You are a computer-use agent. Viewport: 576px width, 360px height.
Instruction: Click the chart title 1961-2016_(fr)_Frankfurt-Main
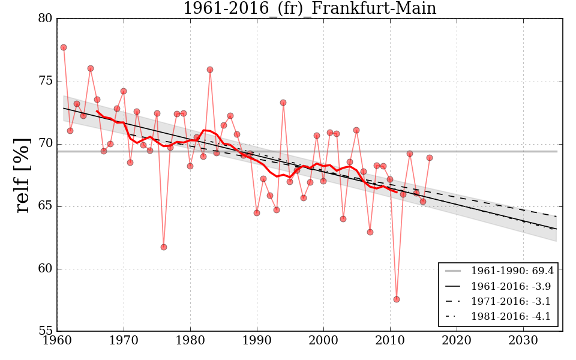click(x=310, y=9)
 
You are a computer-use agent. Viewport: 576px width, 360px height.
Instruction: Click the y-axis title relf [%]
click(x=23, y=175)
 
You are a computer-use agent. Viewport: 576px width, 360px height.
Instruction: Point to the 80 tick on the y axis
click(x=45, y=19)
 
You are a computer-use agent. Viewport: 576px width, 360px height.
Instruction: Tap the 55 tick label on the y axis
click(x=45, y=331)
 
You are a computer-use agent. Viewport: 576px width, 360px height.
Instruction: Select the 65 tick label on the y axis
click(x=45, y=206)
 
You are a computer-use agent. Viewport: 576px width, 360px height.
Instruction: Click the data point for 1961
click(x=64, y=47)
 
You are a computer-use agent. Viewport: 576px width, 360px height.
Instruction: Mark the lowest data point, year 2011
click(x=397, y=299)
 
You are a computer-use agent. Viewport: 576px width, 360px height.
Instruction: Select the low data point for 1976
click(x=164, y=247)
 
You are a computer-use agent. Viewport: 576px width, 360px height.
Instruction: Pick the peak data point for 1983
click(x=210, y=70)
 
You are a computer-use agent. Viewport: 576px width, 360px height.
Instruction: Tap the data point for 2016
click(x=430, y=158)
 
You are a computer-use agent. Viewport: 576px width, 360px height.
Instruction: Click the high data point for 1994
click(x=283, y=103)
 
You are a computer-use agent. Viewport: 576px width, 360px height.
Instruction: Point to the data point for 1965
click(x=91, y=68)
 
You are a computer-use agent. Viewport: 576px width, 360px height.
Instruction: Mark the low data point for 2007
click(x=370, y=232)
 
